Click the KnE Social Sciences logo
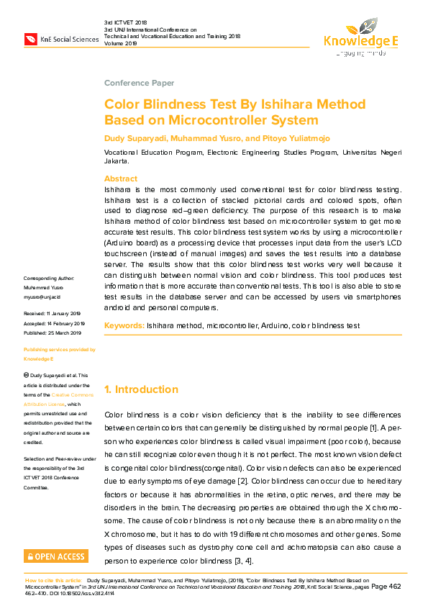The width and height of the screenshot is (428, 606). (x=61, y=39)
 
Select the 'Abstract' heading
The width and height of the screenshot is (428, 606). (x=121, y=178)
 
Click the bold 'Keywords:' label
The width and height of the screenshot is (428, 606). (x=124, y=326)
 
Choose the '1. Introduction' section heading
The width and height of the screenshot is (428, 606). (x=141, y=389)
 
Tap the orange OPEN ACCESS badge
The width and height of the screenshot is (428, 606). (x=56, y=556)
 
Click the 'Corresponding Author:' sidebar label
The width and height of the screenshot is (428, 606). (x=49, y=278)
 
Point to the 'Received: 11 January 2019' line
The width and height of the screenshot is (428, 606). (x=53, y=314)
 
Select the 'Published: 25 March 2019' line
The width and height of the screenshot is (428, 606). (x=53, y=333)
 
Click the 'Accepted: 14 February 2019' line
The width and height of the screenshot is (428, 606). (x=54, y=323)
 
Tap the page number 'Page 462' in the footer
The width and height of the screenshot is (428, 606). (x=386, y=587)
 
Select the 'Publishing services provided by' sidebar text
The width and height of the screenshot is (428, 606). (x=59, y=349)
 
